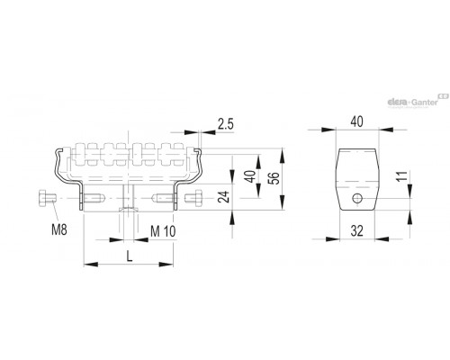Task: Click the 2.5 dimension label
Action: pos(226,124)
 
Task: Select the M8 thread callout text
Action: pos(59,230)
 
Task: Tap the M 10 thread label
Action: pos(163,231)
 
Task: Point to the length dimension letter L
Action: pos(130,256)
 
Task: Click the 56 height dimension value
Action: pos(274,178)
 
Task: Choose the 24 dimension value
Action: pos(224,197)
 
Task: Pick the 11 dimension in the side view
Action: pos(403,175)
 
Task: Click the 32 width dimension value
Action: pos(357,231)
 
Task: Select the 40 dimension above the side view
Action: pos(356,121)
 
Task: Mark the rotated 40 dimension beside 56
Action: pos(250,176)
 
